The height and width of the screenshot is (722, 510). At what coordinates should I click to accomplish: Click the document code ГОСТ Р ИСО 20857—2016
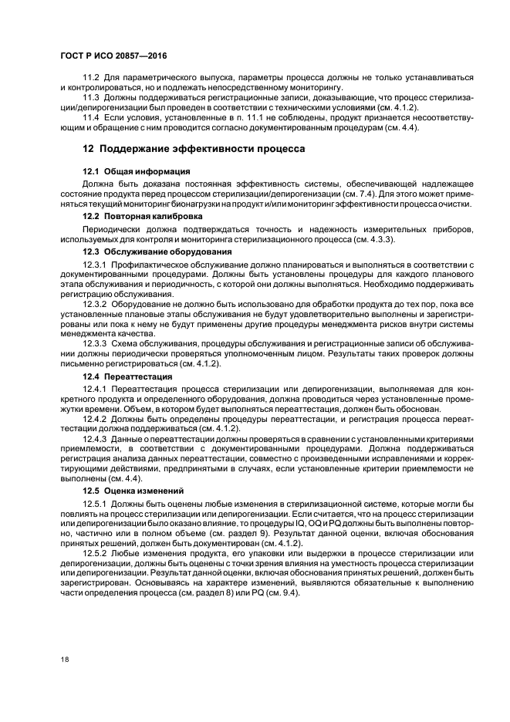point(113,57)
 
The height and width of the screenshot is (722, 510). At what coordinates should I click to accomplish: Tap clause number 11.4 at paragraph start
point(92,116)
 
